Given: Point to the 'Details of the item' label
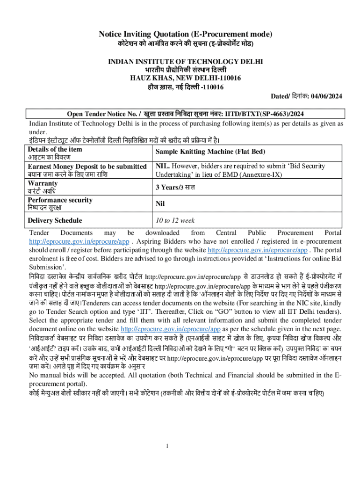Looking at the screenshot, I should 55,149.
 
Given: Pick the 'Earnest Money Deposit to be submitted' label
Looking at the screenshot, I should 87,166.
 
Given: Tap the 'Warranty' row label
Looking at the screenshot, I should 43,183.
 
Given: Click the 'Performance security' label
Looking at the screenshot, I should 60,200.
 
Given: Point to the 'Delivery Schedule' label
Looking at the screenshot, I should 55,220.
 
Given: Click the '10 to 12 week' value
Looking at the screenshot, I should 175,220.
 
